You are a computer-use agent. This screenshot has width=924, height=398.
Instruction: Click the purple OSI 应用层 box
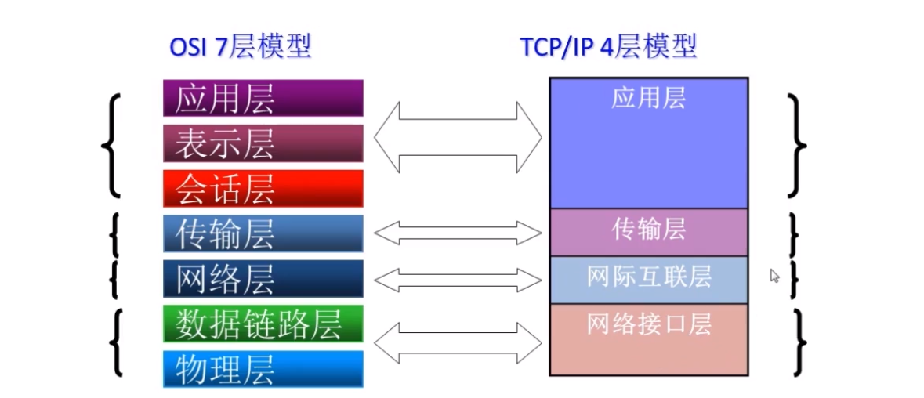tap(263, 98)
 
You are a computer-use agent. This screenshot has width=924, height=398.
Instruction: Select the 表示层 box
tap(263, 143)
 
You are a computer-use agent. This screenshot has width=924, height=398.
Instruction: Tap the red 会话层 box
tap(263, 189)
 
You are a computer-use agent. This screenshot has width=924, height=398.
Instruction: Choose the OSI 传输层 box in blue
tap(263, 233)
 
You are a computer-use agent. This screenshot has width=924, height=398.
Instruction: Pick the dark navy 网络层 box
tap(263, 279)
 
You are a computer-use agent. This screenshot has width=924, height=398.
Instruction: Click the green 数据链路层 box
tap(263, 324)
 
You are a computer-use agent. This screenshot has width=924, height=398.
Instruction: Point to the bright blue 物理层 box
tap(263, 368)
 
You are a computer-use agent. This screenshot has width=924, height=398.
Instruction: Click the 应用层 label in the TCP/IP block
tap(648, 98)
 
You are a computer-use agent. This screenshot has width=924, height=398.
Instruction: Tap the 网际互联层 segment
tap(648, 278)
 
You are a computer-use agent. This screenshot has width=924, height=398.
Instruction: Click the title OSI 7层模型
tap(241, 47)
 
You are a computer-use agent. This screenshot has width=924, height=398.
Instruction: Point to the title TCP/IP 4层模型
tap(608, 47)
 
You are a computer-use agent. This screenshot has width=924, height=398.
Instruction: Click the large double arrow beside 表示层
tap(458, 138)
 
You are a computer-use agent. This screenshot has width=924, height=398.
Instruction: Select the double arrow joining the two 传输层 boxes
tap(458, 232)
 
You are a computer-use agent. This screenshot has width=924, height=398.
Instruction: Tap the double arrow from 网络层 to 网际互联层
tap(458, 279)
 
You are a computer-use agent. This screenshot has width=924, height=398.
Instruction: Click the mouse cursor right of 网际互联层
tap(774, 275)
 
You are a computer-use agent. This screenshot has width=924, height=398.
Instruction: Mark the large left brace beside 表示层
tap(113, 146)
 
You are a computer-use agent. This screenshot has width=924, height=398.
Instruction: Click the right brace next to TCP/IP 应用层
tap(797, 144)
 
